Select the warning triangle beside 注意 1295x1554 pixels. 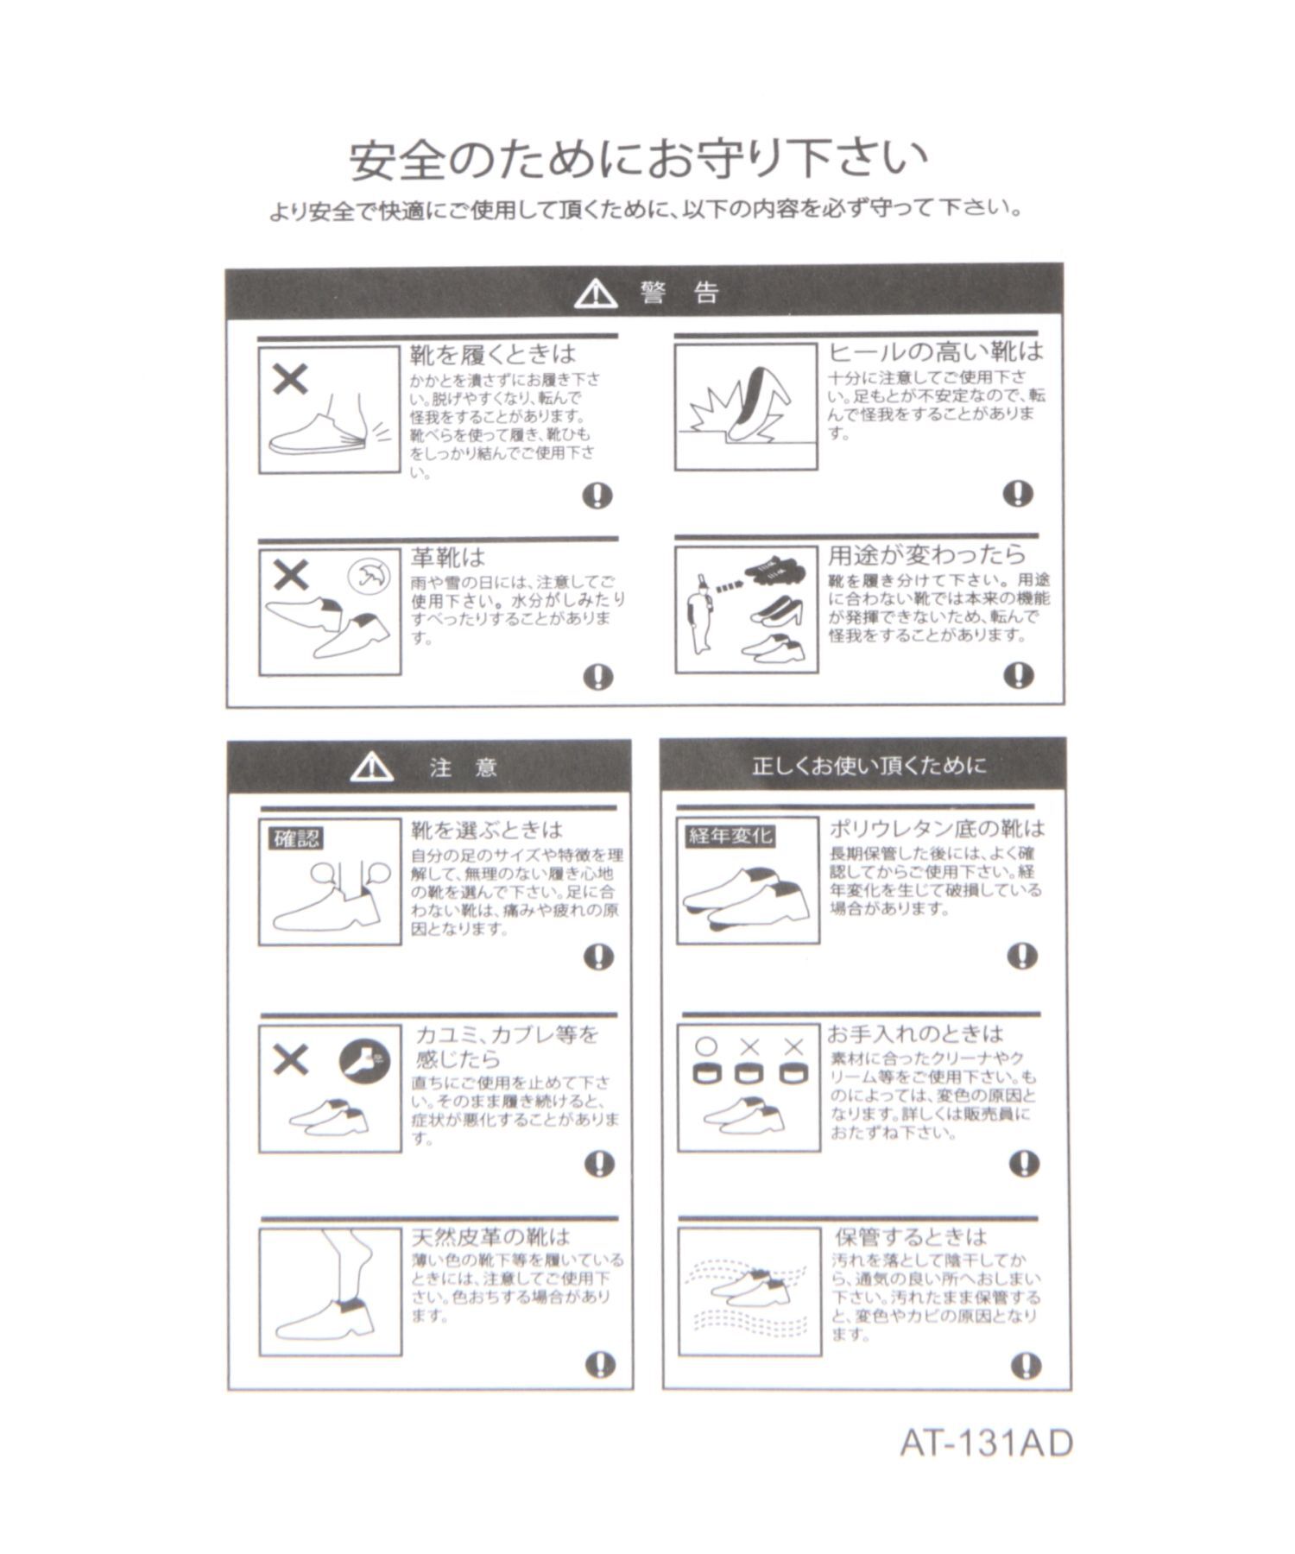tap(372, 766)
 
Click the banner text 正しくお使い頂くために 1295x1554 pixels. tap(868, 766)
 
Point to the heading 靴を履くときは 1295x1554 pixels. tap(492, 354)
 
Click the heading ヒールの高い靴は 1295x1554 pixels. tap(936, 351)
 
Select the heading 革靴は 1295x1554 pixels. tap(447, 557)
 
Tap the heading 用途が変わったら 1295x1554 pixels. tap(927, 554)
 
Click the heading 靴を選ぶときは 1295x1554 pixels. tap(487, 831)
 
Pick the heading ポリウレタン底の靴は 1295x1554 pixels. tap(937, 829)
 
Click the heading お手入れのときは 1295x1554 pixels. tap(916, 1033)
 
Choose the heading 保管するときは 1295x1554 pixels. tap(910, 1236)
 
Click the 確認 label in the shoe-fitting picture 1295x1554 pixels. tap(296, 837)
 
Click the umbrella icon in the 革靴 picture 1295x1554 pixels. tap(369, 576)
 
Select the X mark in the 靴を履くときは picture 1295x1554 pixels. tap(290, 378)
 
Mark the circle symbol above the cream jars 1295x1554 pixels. tap(706, 1046)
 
